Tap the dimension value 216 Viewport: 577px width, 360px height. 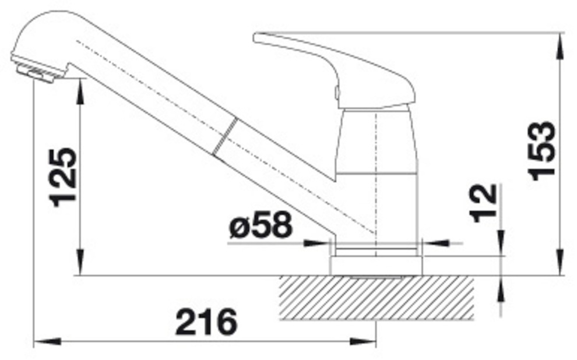[206, 322]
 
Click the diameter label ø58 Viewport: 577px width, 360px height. [261, 225]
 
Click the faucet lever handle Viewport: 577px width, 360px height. [335, 70]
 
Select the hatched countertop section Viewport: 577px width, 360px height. [376, 298]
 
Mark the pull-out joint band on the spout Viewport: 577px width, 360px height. [225, 136]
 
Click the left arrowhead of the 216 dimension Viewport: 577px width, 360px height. [47, 341]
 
